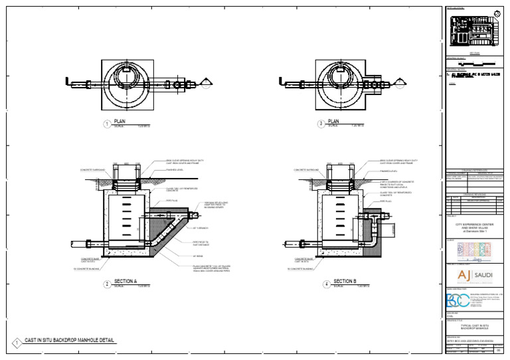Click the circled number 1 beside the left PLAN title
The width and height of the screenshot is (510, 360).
point(106,124)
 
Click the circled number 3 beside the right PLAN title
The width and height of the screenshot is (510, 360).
point(321,124)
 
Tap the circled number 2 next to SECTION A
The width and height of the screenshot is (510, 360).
point(106,284)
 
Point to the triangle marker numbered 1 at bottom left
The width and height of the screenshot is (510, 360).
point(16,343)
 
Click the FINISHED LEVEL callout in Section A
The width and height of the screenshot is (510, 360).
point(175,169)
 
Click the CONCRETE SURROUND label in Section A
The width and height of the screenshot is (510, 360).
point(92,169)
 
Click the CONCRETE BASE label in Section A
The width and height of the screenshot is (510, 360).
point(90,259)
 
